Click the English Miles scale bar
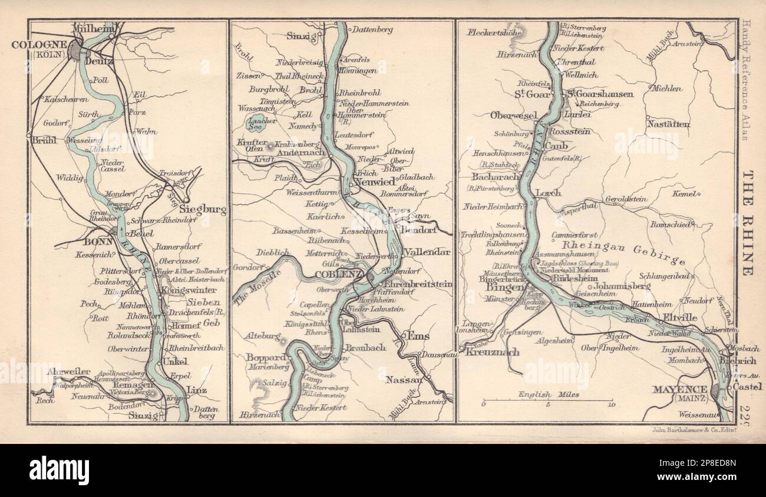coord(548,400)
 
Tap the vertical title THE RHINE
coord(747,224)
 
